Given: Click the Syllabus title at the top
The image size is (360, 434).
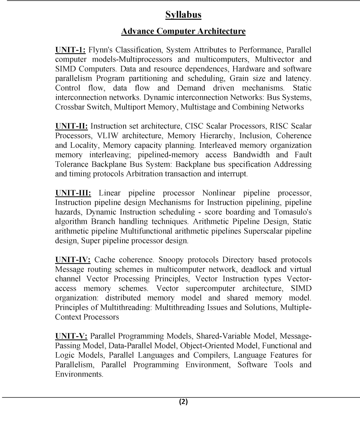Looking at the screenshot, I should (183, 15).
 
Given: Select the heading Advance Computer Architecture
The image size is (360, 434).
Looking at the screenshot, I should (183, 31).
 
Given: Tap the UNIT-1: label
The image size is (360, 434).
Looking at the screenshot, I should (70, 50).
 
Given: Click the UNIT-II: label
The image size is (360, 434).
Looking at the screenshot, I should (72, 126).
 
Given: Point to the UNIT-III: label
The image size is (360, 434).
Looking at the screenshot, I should (73, 193).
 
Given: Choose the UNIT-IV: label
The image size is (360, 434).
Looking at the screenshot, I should (73, 260).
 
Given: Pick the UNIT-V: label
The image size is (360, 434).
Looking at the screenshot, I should (71, 336).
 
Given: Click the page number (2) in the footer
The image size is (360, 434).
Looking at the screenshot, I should (183, 402).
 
